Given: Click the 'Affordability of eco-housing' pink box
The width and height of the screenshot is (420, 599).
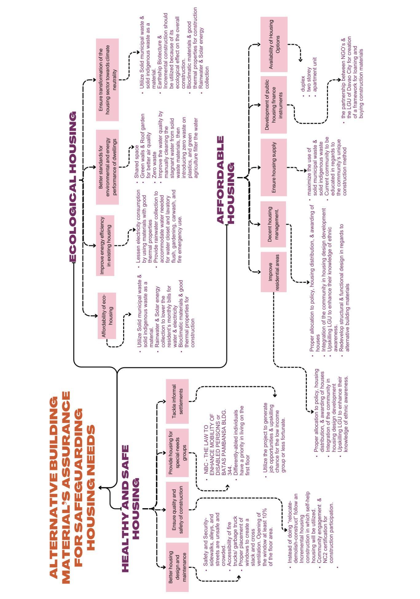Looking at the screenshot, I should [107, 315].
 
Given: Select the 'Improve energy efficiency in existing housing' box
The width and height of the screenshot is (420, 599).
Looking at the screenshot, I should [105, 245].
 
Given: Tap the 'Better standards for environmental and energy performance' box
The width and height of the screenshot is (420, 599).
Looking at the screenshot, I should [107, 167].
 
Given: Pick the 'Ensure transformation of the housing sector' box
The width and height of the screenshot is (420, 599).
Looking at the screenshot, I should [107, 79].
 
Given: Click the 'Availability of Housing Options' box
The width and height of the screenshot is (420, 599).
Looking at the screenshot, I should [274, 44].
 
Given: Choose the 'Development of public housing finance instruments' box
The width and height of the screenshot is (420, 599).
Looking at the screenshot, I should [273, 105].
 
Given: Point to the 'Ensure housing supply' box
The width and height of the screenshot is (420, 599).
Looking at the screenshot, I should [273, 167].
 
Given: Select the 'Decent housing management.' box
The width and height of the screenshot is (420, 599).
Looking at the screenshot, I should [273, 224].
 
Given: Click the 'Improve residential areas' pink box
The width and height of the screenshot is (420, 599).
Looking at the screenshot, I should [273, 272].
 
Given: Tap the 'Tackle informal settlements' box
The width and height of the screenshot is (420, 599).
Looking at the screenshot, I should [177, 401].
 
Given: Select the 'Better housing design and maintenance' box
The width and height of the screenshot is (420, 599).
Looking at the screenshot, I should [177, 567].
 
